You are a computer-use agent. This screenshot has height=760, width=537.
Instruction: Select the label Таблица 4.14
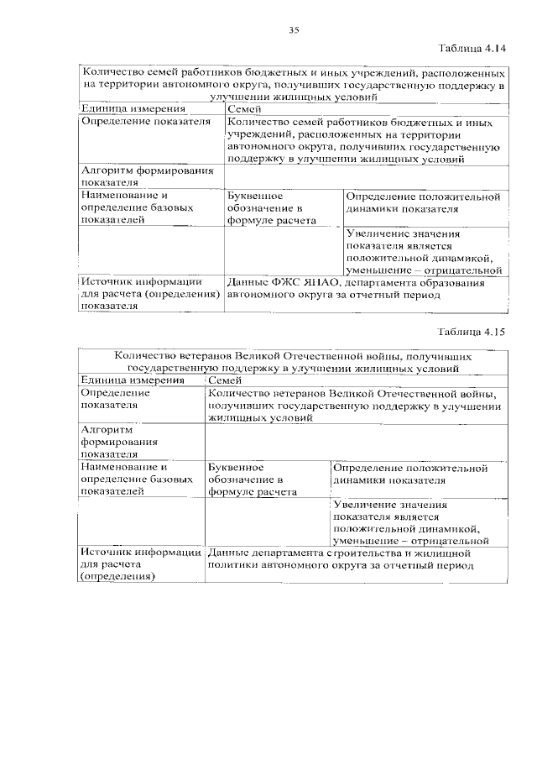click(476, 49)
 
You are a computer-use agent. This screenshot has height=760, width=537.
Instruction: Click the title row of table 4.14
click(293, 85)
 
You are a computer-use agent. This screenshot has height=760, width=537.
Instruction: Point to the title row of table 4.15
click(293, 361)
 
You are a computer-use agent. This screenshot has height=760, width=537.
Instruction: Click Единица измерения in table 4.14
click(122, 109)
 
